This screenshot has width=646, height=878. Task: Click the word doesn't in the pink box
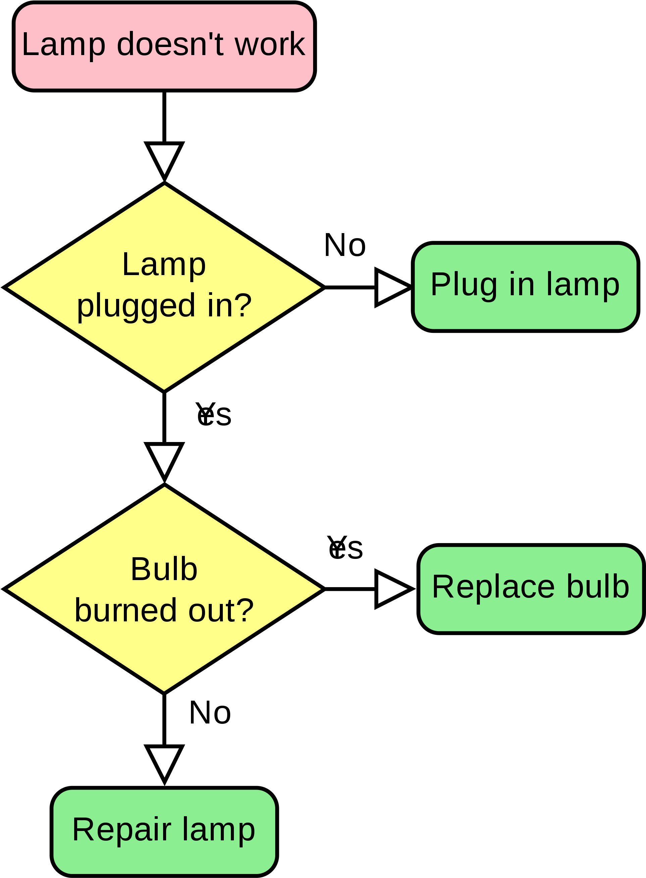click(x=170, y=44)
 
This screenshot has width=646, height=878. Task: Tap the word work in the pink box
click(x=270, y=44)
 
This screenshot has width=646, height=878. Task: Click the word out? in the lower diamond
click(x=221, y=610)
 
